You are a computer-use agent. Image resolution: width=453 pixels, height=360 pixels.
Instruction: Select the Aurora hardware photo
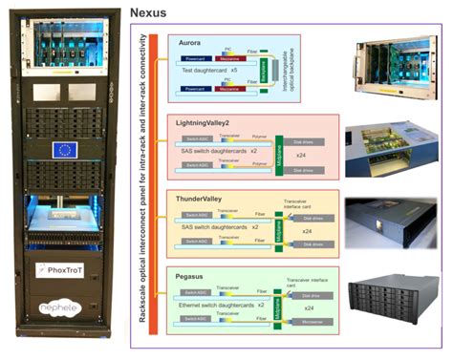click(393, 70)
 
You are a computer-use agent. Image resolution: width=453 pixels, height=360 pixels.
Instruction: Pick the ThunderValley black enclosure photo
click(393, 221)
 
